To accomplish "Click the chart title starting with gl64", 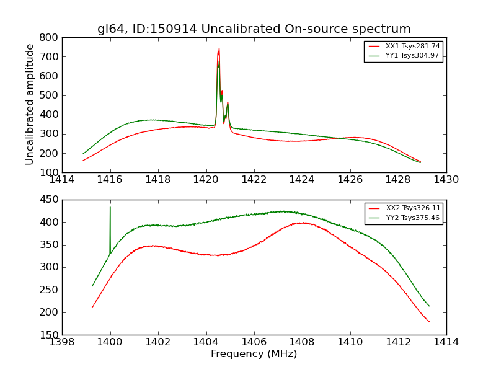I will (254, 29).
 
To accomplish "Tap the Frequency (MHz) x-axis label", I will (254, 354).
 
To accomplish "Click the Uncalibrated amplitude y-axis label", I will (30, 104).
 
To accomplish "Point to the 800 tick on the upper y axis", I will (50, 37).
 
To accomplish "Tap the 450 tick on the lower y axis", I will (50, 200).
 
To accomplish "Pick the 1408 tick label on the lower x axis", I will (302, 342).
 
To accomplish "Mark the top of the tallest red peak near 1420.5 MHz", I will (219, 48).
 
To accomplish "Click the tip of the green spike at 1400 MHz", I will (110, 207).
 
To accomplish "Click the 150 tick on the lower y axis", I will (50, 335).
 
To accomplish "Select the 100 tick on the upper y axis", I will (50, 172).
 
